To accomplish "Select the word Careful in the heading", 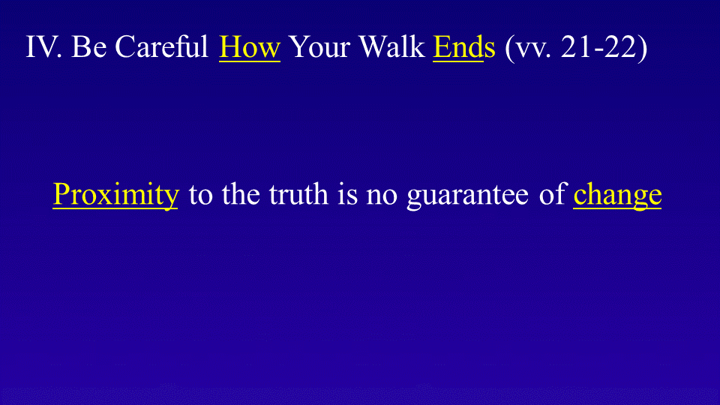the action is (162, 46).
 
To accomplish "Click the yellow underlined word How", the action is (249, 47).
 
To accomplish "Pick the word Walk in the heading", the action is (391, 46).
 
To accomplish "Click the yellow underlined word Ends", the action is (464, 47).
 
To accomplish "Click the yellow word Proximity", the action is (115, 195).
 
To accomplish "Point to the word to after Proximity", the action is (201, 195).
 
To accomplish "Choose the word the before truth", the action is (241, 193).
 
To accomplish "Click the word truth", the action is (298, 193).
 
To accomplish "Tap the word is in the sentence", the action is (347, 193).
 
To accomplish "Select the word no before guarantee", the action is (382, 197).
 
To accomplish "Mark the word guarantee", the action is (467, 197).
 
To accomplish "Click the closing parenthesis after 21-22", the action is (642, 48).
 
